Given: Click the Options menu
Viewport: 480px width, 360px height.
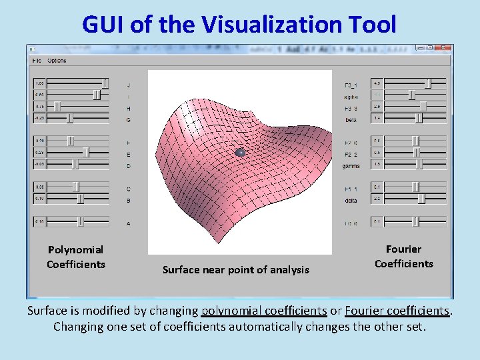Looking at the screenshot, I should [x=57, y=61].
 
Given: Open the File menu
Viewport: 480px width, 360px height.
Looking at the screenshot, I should [x=36, y=61].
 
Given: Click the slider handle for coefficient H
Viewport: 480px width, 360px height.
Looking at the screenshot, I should [x=57, y=107].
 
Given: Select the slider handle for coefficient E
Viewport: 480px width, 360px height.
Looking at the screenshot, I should [x=85, y=153].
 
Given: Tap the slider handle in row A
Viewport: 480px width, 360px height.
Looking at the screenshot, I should [x=81, y=221].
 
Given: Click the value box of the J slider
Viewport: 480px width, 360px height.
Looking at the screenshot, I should [x=40, y=83].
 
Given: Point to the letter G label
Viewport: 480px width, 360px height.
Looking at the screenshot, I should [x=128, y=120].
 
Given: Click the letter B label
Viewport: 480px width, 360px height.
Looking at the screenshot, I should [x=128, y=200].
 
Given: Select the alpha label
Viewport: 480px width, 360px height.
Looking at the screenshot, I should [x=351, y=97].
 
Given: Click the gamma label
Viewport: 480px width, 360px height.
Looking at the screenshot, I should [x=351, y=166].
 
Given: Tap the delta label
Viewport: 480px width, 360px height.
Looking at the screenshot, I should [x=351, y=200].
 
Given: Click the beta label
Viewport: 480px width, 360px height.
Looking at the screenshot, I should [x=351, y=120].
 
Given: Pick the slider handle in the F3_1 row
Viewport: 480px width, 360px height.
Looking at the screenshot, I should [x=428, y=83].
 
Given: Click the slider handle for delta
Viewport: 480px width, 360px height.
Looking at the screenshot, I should [x=421, y=199].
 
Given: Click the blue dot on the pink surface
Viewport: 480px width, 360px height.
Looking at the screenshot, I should [x=241, y=153].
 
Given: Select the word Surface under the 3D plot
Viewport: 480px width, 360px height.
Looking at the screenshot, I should [x=183, y=270].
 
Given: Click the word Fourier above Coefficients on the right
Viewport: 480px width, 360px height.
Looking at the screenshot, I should [x=403, y=249].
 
